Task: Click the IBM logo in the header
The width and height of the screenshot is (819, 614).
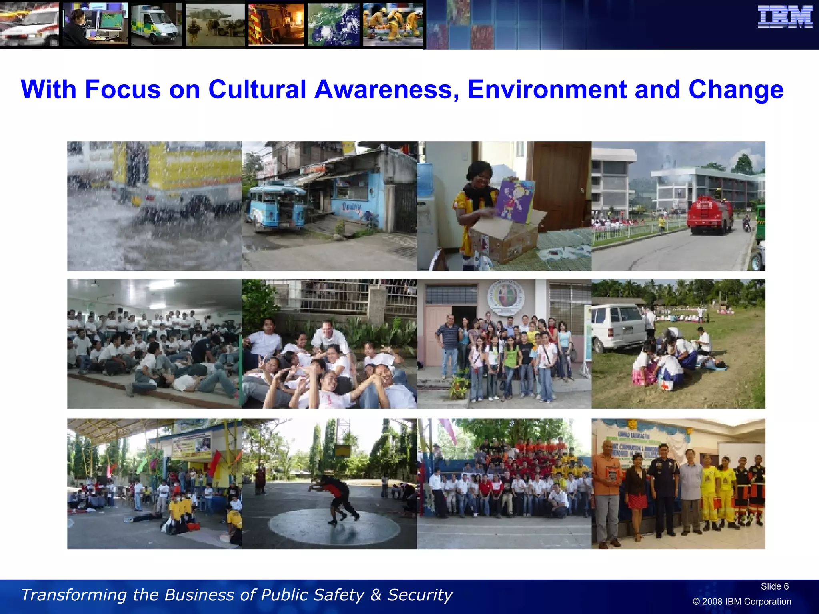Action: pyautogui.click(x=785, y=17)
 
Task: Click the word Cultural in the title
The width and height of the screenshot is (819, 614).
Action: pyautogui.click(x=257, y=89)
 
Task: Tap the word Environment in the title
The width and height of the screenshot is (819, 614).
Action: pyautogui.click(x=547, y=89)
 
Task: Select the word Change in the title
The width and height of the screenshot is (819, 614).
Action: pyautogui.click(x=736, y=90)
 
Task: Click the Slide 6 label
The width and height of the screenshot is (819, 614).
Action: pyautogui.click(x=774, y=586)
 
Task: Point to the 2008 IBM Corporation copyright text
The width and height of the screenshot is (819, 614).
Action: pyautogui.click(x=742, y=602)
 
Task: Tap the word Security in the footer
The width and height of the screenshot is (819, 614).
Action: pyautogui.click(x=420, y=595)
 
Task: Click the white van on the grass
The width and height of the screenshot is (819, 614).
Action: pyautogui.click(x=618, y=326)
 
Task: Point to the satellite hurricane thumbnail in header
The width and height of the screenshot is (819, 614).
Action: pyautogui.click(x=333, y=24)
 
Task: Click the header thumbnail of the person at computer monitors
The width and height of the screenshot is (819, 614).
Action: pyautogui.click(x=95, y=24)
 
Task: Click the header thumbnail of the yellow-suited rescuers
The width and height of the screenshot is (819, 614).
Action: pyautogui.click(x=393, y=24)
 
